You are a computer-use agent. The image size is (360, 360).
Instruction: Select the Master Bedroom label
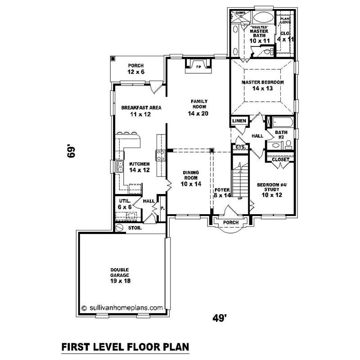[x=262, y=85]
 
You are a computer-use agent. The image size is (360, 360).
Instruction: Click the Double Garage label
[x=120, y=274]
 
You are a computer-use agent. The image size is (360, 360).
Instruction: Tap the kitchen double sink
[x=120, y=167]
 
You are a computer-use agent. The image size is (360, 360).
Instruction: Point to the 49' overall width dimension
[x=219, y=318]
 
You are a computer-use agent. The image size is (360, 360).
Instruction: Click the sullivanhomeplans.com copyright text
[x=121, y=308]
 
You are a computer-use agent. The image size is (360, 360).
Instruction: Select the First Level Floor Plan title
[x=125, y=347]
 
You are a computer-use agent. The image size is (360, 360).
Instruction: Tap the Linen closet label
[x=239, y=121]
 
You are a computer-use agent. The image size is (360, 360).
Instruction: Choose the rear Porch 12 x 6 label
[x=135, y=68]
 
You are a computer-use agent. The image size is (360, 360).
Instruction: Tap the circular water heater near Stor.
[x=120, y=228]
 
